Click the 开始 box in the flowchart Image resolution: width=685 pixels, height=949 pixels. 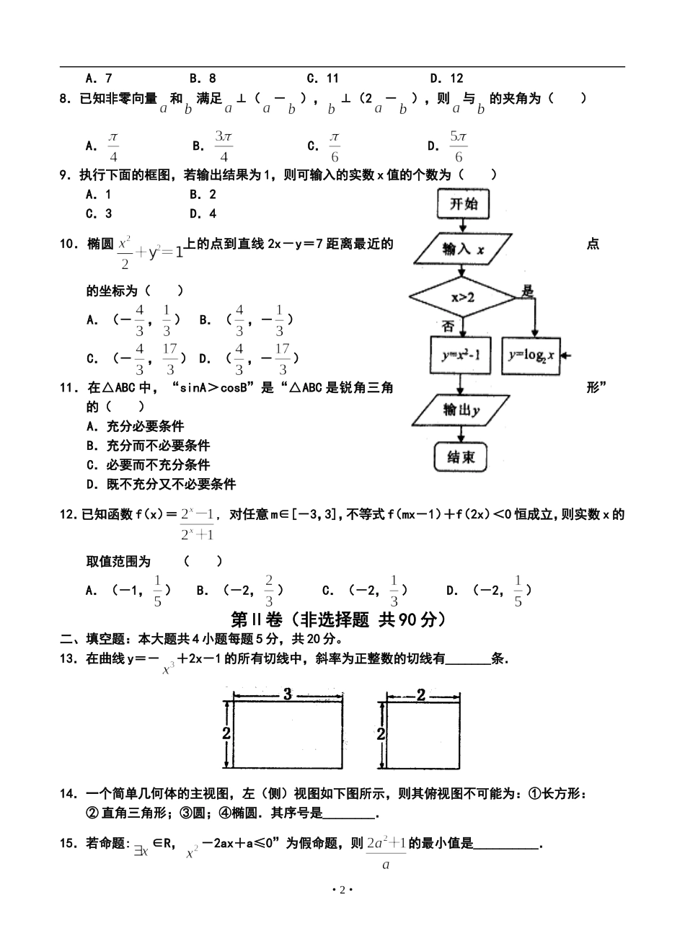click(463, 204)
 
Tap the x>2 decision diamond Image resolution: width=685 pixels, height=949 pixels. click(463, 296)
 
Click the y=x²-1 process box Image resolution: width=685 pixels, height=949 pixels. click(461, 355)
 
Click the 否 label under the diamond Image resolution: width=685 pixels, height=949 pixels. click(448, 326)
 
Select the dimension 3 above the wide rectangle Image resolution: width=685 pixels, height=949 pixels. click(287, 695)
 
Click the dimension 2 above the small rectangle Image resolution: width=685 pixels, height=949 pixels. click(421, 695)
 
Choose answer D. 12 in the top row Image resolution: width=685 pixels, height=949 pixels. click(446, 79)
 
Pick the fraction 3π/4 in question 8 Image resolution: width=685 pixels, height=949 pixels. click(224, 146)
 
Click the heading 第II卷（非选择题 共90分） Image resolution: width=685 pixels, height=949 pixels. click(337, 619)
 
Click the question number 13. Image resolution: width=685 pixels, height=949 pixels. click(69, 658)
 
